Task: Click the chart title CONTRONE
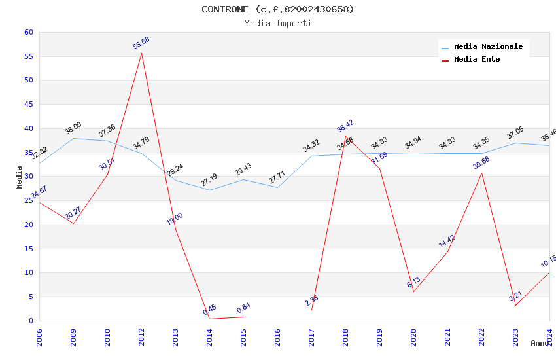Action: pos(277,9)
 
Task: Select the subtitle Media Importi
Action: pos(277,24)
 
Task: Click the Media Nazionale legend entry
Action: pos(488,47)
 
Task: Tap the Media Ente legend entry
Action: pos(476,60)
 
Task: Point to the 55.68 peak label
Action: pos(141,43)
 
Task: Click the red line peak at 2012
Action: pos(141,53)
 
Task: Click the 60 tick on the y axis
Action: pos(28,33)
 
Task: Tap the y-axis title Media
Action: pos(20,177)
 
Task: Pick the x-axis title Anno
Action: pos(540,343)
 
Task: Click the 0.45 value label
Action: pos(210,310)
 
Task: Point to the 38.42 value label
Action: pos(345,126)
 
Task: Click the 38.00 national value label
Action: pos(73,128)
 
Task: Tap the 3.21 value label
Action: pos(515,296)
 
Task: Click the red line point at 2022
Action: pos(481,173)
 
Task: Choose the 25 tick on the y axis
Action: pos(28,201)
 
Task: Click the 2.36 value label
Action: pos(312,301)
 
